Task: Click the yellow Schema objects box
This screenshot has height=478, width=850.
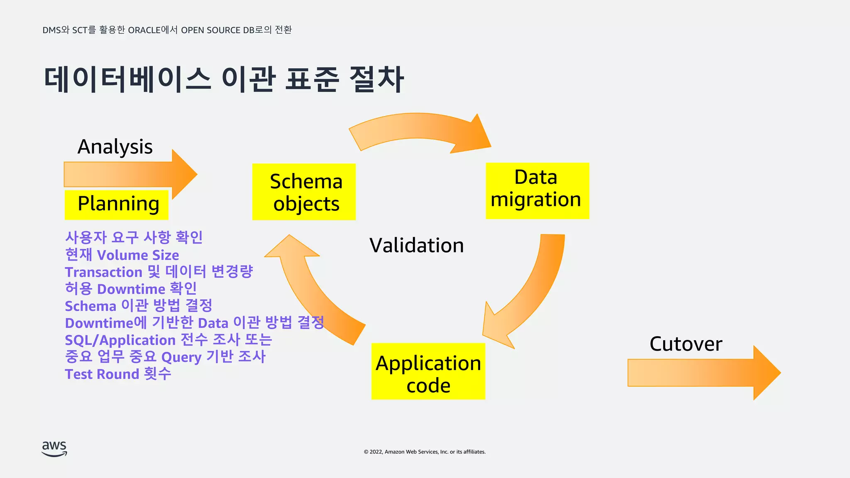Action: point(304,192)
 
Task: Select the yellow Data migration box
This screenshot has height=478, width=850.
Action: point(537,190)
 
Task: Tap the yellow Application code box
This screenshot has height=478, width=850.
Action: point(428,371)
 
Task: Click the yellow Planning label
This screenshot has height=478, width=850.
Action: point(117,204)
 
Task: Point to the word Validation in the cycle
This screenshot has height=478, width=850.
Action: point(416,245)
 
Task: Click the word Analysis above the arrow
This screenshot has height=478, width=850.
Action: point(115,147)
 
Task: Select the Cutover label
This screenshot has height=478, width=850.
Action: point(686,344)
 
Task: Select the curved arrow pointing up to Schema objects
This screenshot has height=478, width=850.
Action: point(311,290)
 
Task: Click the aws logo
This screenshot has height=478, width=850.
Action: point(54,449)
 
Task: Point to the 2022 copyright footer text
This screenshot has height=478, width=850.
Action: point(425,452)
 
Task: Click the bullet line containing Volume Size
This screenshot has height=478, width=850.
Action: point(122,255)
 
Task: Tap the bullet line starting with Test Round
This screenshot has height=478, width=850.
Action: point(118,374)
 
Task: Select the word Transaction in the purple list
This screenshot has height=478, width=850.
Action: point(104,272)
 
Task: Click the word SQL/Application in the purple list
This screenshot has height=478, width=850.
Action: point(120,340)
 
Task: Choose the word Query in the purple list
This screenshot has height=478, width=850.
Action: point(181,357)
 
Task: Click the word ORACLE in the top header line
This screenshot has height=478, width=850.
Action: point(144,30)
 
